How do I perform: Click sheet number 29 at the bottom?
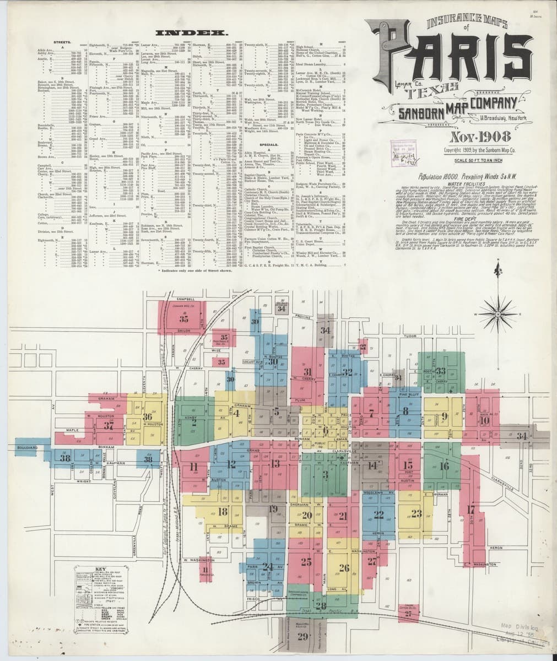pos(302,637)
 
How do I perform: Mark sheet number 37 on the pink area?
pos(109,425)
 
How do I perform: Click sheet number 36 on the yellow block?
pos(147,417)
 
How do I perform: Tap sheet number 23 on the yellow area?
pos(416,514)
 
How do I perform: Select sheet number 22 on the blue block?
pos(378,515)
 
